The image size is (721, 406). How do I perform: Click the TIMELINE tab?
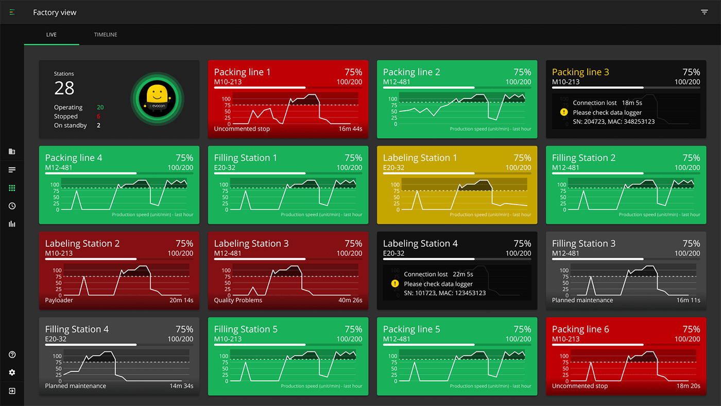point(106,35)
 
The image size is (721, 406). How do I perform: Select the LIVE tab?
point(51,35)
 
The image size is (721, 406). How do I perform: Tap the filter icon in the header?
point(704,12)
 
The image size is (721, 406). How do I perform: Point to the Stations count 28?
point(64,88)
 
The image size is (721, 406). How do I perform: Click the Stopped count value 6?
point(98,116)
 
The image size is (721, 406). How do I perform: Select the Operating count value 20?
point(100,107)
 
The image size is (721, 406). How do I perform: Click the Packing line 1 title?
point(242,72)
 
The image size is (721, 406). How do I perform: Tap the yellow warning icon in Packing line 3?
point(564,112)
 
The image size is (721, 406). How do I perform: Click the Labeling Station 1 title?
point(420,158)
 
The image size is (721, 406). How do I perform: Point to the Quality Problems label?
point(238,300)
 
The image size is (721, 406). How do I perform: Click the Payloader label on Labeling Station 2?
point(59,300)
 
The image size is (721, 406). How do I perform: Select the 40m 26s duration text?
point(350,300)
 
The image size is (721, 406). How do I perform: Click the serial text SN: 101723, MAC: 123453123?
point(444,293)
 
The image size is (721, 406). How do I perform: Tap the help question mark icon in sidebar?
point(12,354)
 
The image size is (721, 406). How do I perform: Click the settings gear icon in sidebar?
point(12,373)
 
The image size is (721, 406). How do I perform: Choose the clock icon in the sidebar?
point(12,206)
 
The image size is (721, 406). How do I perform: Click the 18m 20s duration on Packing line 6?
point(688,386)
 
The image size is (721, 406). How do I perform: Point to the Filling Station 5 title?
point(246,329)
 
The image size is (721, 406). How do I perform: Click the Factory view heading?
point(55,12)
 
